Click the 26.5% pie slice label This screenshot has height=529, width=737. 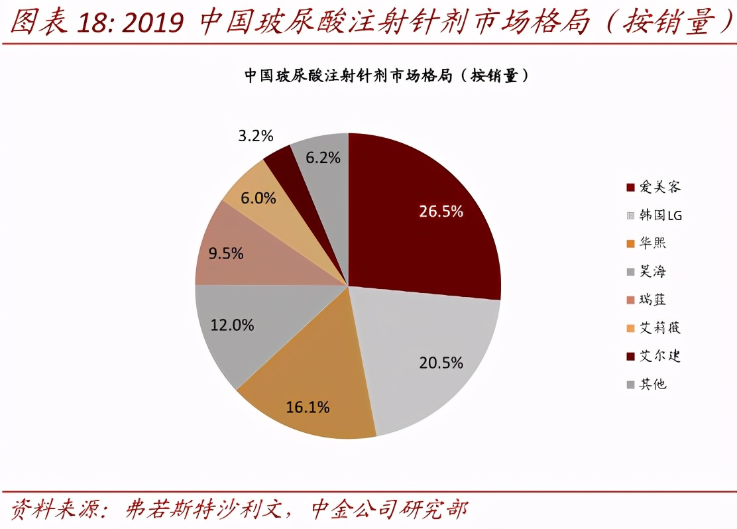click(441, 211)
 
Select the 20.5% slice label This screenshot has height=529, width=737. click(441, 363)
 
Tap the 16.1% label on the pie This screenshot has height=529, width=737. click(308, 407)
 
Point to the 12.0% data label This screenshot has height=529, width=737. click(232, 325)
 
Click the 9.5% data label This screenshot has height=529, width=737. click(226, 253)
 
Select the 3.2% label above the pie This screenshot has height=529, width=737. click(256, 136)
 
